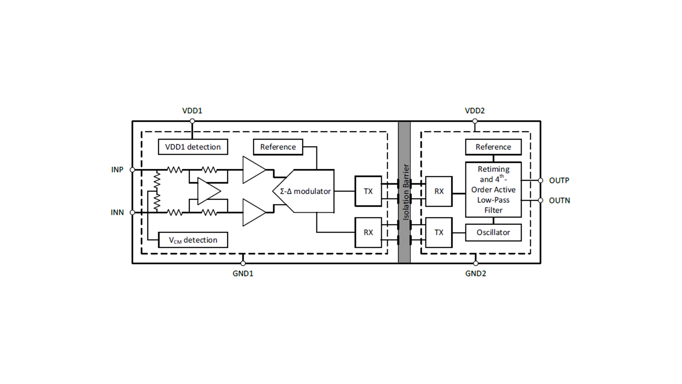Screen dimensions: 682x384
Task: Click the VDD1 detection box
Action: click(193, 147)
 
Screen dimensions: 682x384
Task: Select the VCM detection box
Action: click(193, 240)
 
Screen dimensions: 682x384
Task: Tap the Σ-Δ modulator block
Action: click(303, 191)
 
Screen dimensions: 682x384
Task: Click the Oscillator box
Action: click(493, 233)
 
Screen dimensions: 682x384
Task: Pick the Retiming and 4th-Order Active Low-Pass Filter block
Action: click(493, 189)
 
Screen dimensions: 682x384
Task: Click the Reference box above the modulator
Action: click(278, 147)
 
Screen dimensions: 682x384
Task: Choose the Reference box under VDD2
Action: click(493, 147)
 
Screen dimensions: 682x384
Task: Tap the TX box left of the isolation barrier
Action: click(368, 191)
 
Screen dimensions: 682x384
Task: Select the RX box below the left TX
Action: click(368, 233)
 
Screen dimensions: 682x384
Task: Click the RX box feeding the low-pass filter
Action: click(439, 191)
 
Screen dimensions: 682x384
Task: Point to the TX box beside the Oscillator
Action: click(439, 233)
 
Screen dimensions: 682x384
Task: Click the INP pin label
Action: click(117, 170)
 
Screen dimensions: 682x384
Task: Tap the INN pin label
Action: click(117, 212)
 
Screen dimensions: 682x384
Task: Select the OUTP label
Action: click(559, 180)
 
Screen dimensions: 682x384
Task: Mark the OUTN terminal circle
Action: click(541, 201)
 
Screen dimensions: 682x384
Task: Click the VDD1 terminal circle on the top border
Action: click(192, 121)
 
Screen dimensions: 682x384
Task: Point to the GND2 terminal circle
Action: click(476, 263)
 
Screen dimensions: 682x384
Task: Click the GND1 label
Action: click(243, 274)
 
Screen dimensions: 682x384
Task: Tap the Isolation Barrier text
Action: click(406, 192)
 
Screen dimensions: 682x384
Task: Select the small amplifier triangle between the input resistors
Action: click(209, 191)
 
